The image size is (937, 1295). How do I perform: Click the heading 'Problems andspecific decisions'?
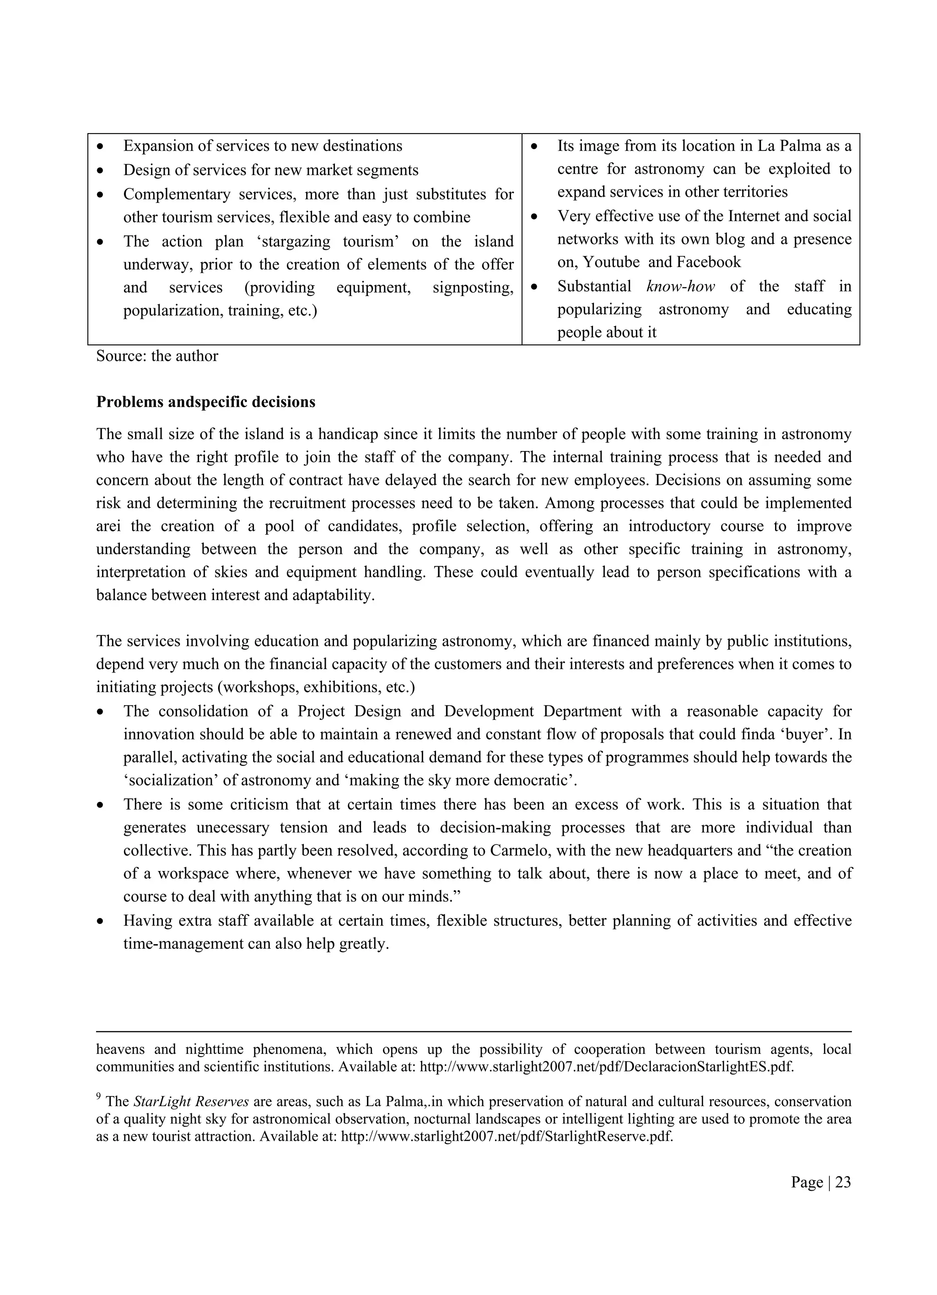(205, 402)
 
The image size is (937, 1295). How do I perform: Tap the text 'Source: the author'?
(157, 356)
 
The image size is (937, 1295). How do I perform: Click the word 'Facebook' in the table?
(708, 262)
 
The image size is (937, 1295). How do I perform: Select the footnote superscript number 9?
(99, 1096)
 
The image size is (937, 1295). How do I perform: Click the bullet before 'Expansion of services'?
(101, 147)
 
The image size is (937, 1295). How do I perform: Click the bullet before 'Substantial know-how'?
(535, 287)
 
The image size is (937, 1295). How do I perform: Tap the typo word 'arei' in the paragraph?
(108, 526)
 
